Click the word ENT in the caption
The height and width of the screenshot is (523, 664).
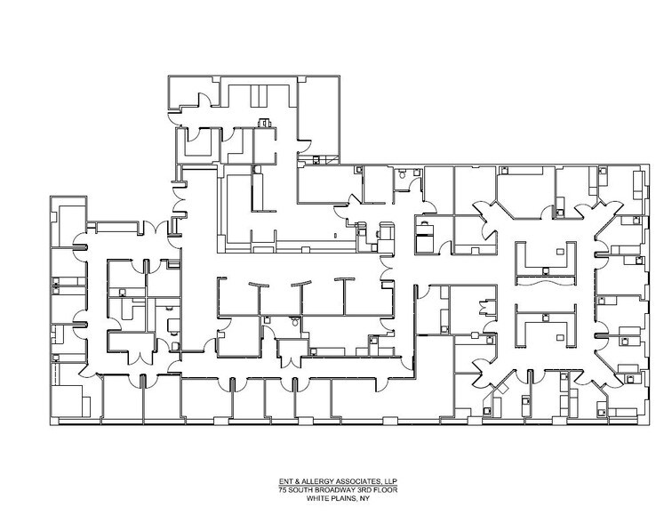coord(284,481)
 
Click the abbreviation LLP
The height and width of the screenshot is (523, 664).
coord(390,481)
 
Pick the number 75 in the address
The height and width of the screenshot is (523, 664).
coord(283,490)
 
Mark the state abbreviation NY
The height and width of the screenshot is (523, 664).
coord(364,498)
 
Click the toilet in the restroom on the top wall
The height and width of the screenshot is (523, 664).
coord(402,174)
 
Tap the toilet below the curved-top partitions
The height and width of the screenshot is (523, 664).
coord(295,321)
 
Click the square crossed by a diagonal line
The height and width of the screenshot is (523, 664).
coord(502,388)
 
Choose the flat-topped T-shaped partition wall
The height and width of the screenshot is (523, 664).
coord(345,296)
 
